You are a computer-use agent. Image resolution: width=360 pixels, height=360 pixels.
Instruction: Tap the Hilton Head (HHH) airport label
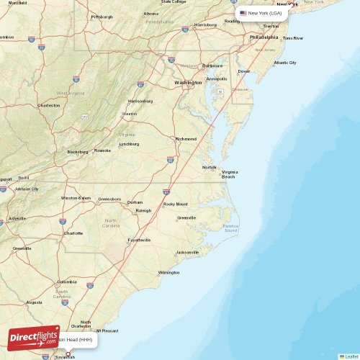pyautogui.click(x=75, y=339)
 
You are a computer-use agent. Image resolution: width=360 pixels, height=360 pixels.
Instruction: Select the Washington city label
pyautogui.click(x=188, y=83)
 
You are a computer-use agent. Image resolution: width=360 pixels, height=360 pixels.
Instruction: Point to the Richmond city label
pyautogui.click(x=186, y=139)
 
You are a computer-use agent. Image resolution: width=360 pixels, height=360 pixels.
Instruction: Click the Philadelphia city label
pyautogui.click(x=263, y=37)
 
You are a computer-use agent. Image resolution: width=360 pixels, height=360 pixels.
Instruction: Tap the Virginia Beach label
pyautogui.click(x=230, y=174)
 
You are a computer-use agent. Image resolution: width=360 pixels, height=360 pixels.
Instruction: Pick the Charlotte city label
pyautogui.click(x=73, y=233)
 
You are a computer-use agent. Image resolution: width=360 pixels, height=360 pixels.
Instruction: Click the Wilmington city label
pyautogui.click(x=168, y=272)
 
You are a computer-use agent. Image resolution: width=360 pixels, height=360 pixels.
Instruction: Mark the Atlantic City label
pyautogui.click(x=284, y=63)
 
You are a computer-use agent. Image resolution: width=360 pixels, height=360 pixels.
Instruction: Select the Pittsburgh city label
pyautogui.click(x=102, y=16)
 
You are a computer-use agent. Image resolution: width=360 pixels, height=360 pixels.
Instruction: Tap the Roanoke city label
pyautogui.click(x=103, y=150)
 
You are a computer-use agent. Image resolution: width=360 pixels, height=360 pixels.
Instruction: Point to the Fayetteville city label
pyautogui.click(x=139, y=240)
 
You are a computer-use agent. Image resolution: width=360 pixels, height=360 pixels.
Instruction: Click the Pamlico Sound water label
pyautogui.click(x=230, y=228)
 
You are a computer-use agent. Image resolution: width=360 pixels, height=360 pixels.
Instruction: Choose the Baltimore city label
pyautogui.click(x=212, y=66)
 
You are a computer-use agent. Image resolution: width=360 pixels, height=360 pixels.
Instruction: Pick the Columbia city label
pyautogui.click(x=67, y=282)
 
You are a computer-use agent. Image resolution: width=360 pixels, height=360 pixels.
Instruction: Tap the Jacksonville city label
pyautogui.click(x=187, y=253)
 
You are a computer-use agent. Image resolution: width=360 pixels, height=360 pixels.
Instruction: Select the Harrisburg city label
pyautogui.click(x=205, y=24)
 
